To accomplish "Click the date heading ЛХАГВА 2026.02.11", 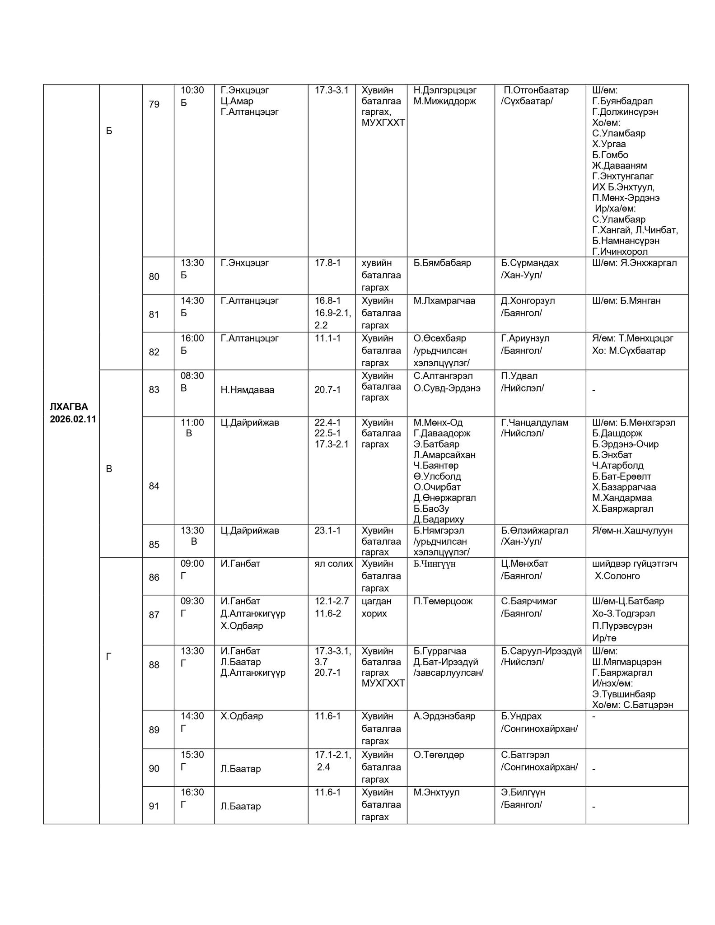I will click(73, 413).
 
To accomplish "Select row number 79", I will click(154, 104).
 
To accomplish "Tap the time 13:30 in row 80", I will click(192, 263).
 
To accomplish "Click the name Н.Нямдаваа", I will click(247, 390).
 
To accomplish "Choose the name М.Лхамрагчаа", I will click(444, 301).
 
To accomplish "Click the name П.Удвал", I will click(519, 376).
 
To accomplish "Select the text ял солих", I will click(333, 564).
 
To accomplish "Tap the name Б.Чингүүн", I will click(434, 564).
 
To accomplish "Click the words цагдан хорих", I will click(377, 607).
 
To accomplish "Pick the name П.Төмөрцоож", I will click(443, 601).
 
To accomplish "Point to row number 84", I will click(154, 486).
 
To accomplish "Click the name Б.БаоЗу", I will click(431, 509).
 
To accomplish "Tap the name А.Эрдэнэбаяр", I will click(444, 716).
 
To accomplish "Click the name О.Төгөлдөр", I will click(439, 755).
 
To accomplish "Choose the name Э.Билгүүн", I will click(523, 792).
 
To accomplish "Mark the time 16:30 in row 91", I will click(192, 792).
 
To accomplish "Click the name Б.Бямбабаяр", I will click(442, 263).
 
